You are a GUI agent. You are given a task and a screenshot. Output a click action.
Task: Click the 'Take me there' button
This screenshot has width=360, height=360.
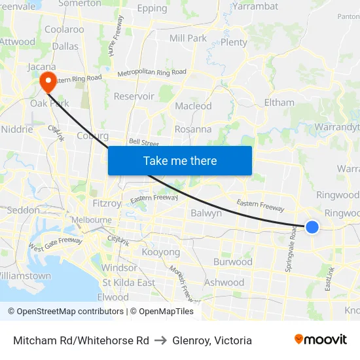(x=180, y=160)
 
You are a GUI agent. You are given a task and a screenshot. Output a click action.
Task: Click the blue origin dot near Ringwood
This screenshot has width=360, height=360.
(x=312, y=227)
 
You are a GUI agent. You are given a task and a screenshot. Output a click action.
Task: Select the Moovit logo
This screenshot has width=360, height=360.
(x=321, y=340)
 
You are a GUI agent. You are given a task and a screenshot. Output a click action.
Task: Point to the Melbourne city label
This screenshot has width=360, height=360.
(x=91, y=220)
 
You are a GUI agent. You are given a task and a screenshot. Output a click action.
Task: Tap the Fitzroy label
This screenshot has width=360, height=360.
(x=107, y=204)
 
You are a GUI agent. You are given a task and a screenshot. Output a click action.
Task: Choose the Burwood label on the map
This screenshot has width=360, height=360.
(x=232, y=262)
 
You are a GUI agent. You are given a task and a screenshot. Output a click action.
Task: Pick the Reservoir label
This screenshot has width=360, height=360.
(x=134, y=96)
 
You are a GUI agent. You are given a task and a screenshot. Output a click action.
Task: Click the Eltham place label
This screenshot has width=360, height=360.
(x=279, y=103)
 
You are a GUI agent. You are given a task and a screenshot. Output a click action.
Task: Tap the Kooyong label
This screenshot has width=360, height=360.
(x=160, y=252)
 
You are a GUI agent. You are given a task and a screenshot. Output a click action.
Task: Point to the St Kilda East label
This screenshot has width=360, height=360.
(x=128, y=283)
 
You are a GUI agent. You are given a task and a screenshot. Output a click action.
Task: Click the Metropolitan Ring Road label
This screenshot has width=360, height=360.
(x=152, y=72)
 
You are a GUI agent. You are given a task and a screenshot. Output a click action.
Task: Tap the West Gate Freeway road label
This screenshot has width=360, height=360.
(x=55, y=245)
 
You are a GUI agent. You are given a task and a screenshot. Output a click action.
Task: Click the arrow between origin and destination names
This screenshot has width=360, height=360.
(x=160, y=340)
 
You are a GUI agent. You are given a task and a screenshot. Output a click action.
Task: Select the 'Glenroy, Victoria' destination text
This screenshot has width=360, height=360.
(x=212, y=340)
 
